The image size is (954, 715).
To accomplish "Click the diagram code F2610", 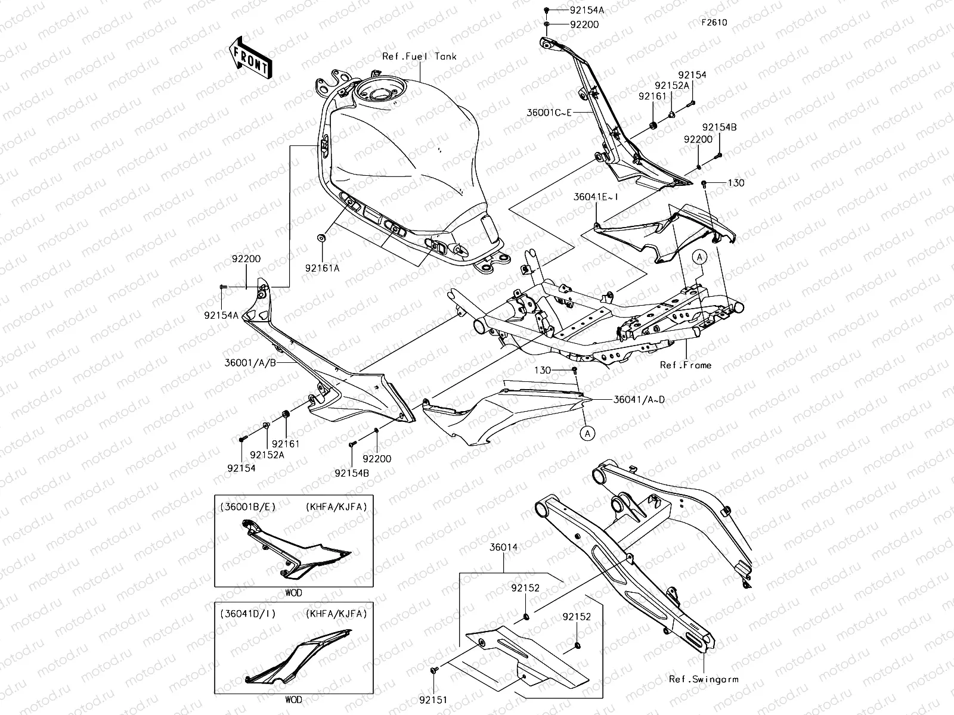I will tap(713, 23).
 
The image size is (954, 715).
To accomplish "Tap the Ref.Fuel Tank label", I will tap(419, 56).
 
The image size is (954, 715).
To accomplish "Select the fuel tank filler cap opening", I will tap(380, 94).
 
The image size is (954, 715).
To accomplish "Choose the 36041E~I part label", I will tap(594, 196).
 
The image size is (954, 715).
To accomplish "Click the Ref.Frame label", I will tap(686, 365).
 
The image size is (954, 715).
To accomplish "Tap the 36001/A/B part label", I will tap(250, 362).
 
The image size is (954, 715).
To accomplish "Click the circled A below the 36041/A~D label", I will tap(588, 433).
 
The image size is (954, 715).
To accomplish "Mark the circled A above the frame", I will tap(699, 257).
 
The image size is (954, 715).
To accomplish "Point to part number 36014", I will tap(504, 547).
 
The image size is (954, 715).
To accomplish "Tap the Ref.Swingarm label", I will tap(704, 679).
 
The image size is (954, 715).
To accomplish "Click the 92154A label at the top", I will tap(587, 10).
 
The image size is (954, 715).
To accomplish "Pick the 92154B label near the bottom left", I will tap(352, 472).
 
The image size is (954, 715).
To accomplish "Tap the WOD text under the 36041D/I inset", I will tap(293, 700).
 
